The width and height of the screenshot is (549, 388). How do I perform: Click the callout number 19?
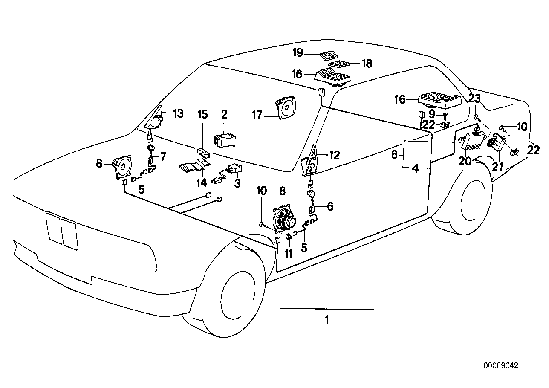pyautogui.click(x=298, y=53)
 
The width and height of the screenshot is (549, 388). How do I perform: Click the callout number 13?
pyautogui.click(x=178, y=113)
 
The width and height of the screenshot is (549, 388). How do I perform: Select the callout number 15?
pyautogui.click(x=202, y=114)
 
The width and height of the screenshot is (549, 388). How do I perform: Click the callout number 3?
pyautogui.click(x=237, y=183)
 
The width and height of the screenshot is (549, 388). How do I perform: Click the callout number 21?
pyautogui.click(x=497, y=167)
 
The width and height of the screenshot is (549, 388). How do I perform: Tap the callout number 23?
pyautogui.click(x=474, y=99)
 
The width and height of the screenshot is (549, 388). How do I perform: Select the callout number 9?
pyautogui.click(x=432, y=114)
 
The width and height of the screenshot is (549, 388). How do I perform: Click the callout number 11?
pyautogui.click(x=289, y=253)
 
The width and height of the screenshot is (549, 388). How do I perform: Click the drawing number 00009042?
pyautogui.click(x=500, y=366)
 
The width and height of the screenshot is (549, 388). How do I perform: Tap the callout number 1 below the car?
pyautogui.click(x=327, y=319)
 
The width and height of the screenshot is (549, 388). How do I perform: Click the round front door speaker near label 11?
pyautogui.click(x=283, y=220)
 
